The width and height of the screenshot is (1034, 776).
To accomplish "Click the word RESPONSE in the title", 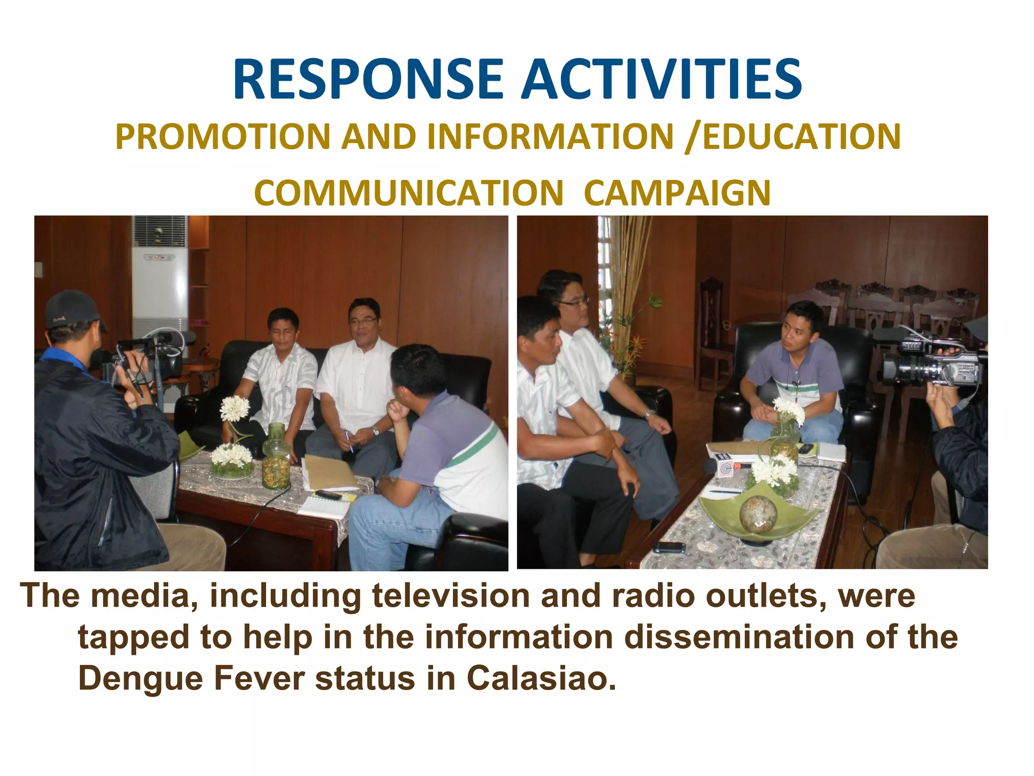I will tap(368, 80).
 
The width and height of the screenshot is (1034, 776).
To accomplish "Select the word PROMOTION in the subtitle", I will tap(222, 137).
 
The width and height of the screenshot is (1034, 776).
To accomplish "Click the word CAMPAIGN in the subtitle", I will tap(677, 193).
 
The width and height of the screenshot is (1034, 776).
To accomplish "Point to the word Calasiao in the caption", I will tap(541, 678).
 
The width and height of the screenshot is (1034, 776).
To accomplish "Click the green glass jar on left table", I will tap(276, 457).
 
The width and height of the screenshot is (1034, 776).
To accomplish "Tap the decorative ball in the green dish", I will tap(756, 514).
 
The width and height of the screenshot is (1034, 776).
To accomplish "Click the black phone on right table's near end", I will tap(668, 547).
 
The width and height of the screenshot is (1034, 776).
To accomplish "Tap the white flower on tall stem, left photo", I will tap(235, 408).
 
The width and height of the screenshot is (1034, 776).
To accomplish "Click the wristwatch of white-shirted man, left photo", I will tap(375, 431).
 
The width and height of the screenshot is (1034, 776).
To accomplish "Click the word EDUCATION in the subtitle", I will tap(801, 137).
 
